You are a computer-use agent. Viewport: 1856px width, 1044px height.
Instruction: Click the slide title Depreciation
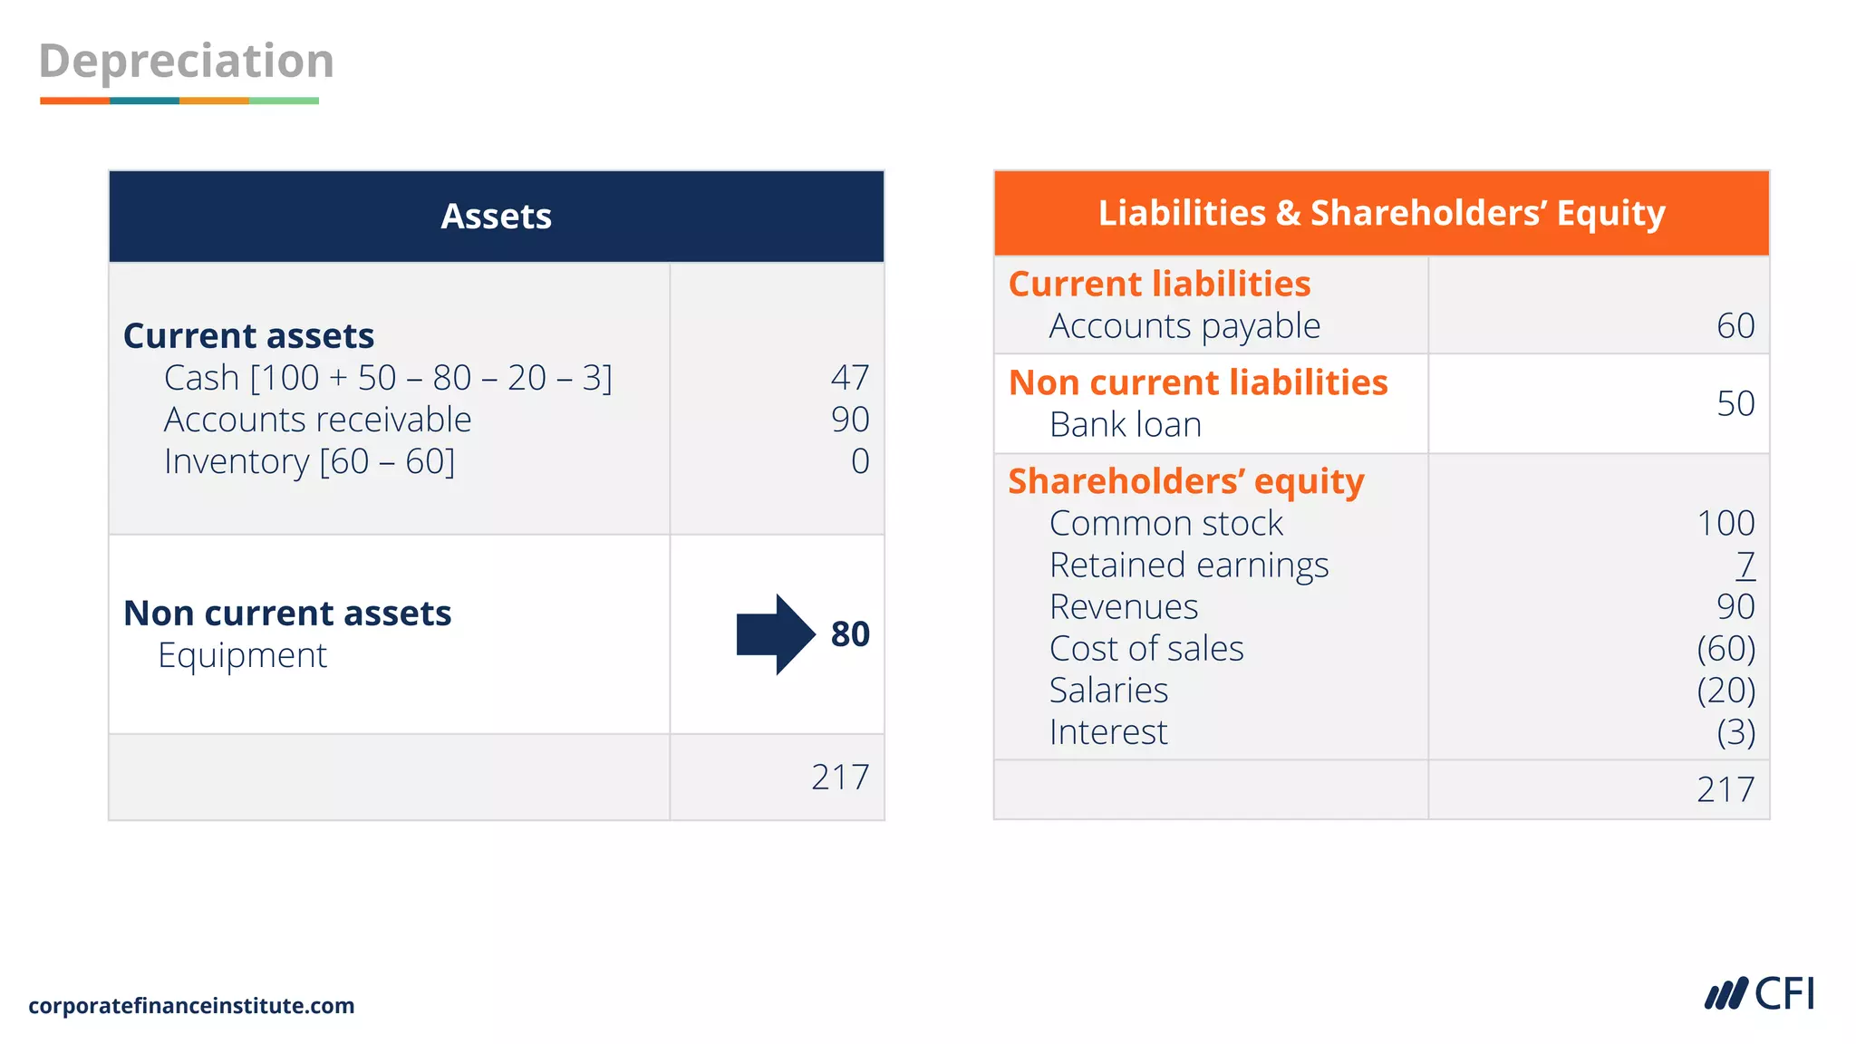[x=187, y=62]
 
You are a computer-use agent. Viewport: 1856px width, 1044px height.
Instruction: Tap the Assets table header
[x=496, y=217]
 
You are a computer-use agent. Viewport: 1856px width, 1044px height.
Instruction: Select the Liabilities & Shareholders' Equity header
[x=1381, y=213]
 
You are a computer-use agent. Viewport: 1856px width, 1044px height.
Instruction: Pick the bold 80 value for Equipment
[x=850, y=634]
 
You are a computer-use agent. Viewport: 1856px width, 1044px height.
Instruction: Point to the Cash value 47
[x=850, y=377]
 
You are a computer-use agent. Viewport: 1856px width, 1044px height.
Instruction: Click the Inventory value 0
[x=860, y=461]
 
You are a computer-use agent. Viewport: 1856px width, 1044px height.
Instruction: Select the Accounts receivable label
[x=317, y=420]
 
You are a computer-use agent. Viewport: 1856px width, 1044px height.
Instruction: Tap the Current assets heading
[x=248, y=336]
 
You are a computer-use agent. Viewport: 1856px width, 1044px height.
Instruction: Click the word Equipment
[x=242, y=655]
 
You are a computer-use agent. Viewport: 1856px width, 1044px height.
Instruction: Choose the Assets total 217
[x=840, y=778]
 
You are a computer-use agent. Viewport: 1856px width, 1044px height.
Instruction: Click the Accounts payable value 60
[x=1735, y=326]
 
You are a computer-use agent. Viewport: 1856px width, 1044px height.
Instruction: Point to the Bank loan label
[x=1126, y=425]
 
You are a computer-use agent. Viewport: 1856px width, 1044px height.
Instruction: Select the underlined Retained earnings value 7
[x=1745, y=565]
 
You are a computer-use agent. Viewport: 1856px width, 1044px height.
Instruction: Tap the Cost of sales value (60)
[x=1725, y=649]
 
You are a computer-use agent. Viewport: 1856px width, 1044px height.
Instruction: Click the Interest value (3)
[x=1735, y=732]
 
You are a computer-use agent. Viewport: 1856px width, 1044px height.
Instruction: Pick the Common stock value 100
[x=1725, y=524]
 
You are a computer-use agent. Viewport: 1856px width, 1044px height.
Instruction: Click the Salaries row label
[x=1108, y=691]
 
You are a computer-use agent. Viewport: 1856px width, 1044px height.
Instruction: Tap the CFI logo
[x=1759, y=994]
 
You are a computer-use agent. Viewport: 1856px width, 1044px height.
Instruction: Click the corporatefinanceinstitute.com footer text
[x=191, y=1006]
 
